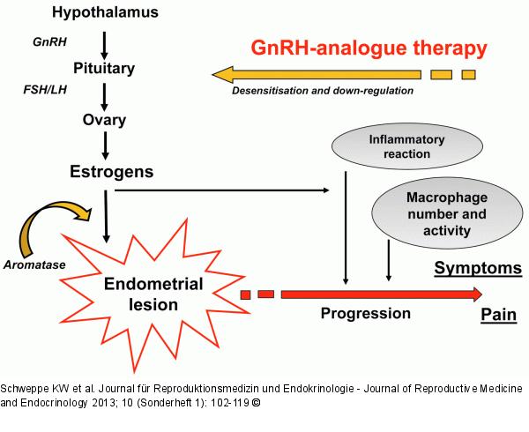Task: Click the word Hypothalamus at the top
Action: pyautogui.click(x=106, y=14)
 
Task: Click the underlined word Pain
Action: pyautogui.click(x=496, y=314)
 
